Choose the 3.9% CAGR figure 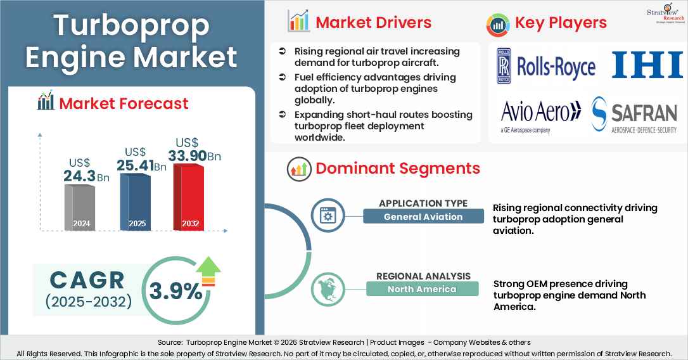175,290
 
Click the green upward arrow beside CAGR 207,271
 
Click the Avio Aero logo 540,115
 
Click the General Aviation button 423,217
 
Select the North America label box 423,289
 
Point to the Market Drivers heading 373,23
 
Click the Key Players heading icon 498,23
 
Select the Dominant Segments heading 397,169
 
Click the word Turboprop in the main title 131,25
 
